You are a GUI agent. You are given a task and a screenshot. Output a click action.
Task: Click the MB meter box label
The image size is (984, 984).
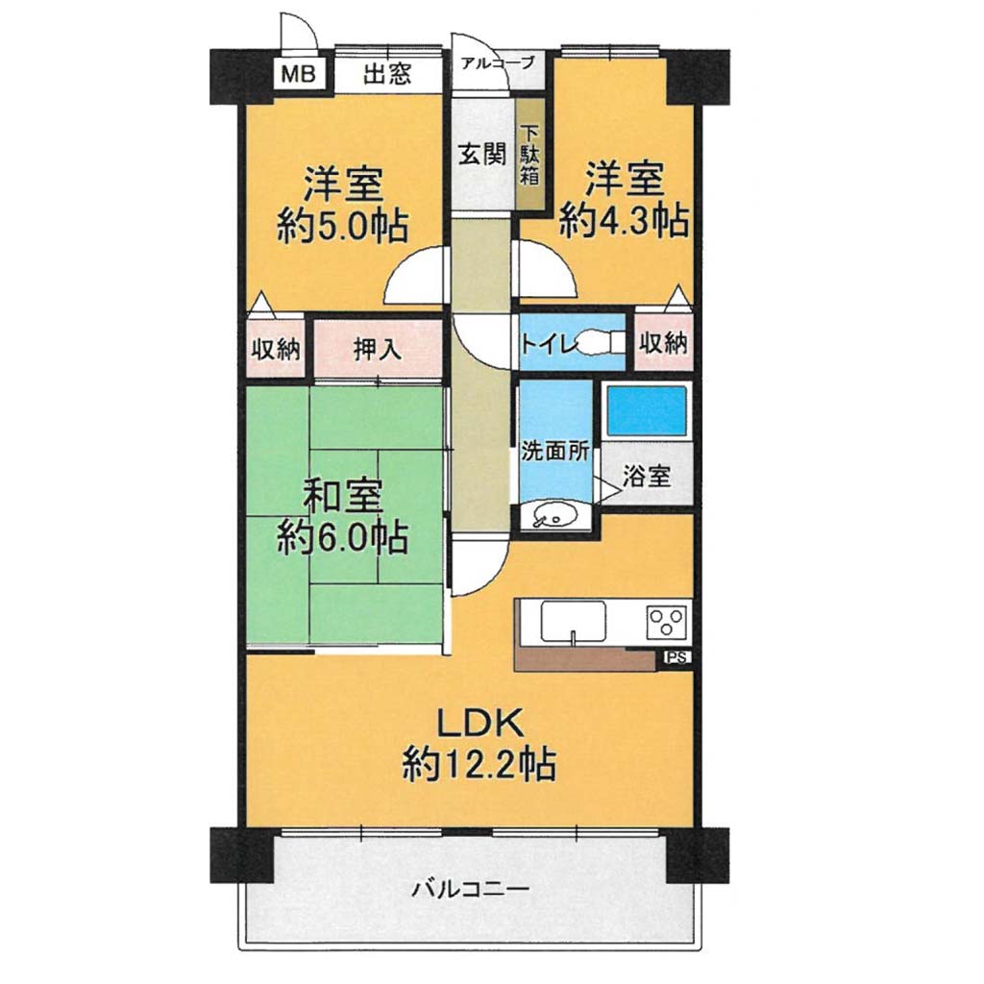point(298,74)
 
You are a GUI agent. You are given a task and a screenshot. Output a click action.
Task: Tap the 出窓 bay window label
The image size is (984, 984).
point(387,74)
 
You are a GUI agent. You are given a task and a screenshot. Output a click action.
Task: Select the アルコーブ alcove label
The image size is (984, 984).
point(498,62)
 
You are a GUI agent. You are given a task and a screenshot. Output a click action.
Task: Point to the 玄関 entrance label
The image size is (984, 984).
point(481,153)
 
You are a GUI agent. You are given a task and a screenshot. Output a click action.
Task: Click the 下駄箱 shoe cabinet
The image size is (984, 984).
point(530,155)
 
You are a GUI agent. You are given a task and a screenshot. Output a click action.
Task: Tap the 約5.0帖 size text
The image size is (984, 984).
point(343,227)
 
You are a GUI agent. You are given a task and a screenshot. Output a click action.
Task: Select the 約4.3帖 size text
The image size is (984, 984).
point(624,220)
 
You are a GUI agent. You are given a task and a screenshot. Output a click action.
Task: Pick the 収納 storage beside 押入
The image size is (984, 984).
point(276,349)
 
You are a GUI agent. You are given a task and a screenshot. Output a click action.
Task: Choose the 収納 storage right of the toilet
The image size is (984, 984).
point(663,342)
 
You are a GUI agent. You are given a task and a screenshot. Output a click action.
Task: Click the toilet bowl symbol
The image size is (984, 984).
point(600,343)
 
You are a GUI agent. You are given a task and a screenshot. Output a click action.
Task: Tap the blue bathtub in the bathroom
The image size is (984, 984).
point(647,411)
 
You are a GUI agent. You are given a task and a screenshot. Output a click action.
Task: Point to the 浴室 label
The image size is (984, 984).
point(647,476)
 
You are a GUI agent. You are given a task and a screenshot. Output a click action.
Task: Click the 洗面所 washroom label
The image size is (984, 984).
point(554,451)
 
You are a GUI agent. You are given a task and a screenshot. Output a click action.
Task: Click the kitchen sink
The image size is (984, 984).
point(573,622)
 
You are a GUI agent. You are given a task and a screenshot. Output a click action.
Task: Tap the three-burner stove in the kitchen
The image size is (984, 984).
point(667,622)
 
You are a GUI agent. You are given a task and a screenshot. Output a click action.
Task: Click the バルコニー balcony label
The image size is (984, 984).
point(471,889)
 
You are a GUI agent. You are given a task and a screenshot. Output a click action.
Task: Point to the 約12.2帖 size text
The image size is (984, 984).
point(479,764)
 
